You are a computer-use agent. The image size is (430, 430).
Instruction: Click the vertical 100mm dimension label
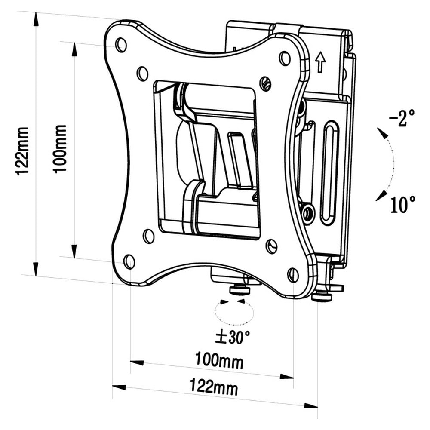click(x=60, y=148)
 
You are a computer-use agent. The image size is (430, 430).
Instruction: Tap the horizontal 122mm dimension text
click(x=214, y=388)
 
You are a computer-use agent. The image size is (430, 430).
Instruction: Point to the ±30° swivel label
click(x=232, y=337)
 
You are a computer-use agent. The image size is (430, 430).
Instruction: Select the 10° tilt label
click(x=403, y=205)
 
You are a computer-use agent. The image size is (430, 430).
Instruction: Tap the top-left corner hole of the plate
click(x=121, y=44)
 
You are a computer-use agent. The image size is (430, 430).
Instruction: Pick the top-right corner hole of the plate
click(x=284, y=58)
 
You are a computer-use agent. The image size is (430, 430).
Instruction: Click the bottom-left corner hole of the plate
click(x=129, y=261)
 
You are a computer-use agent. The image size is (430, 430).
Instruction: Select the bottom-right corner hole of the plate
click(x=293, y=275)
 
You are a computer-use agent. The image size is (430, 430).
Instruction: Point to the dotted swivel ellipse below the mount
click(x=234, y=313)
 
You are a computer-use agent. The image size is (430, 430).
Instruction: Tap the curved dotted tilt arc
click(x=391, y=163)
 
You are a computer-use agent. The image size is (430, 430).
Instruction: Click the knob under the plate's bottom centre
click(x=240, y=290)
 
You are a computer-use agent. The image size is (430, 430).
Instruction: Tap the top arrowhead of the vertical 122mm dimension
click(x=36, y=19)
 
